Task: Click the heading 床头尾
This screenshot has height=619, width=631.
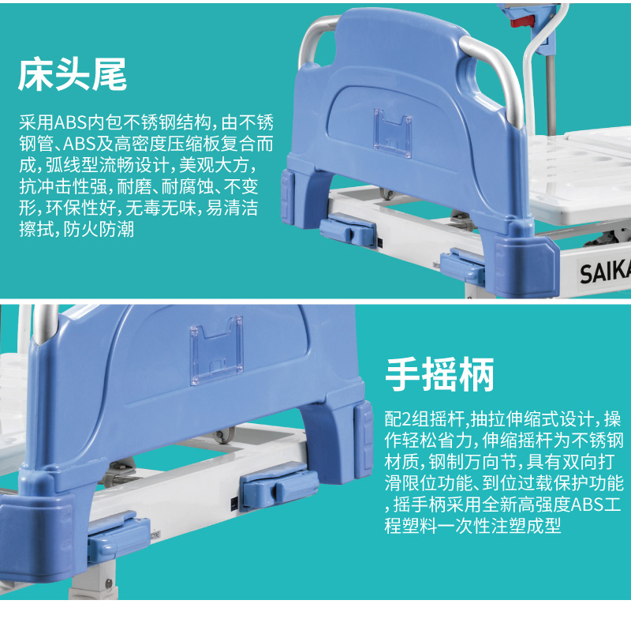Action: [x=73, y=74]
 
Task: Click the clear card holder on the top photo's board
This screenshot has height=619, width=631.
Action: [x=392, y=133]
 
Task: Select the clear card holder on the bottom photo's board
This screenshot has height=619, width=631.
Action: [x=217, y=349]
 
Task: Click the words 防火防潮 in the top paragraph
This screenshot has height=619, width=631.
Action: [x=99, y=230]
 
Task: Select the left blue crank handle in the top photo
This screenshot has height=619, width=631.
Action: [x=348, y=230]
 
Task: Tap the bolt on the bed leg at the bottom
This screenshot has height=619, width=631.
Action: [x=109, y=583]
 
